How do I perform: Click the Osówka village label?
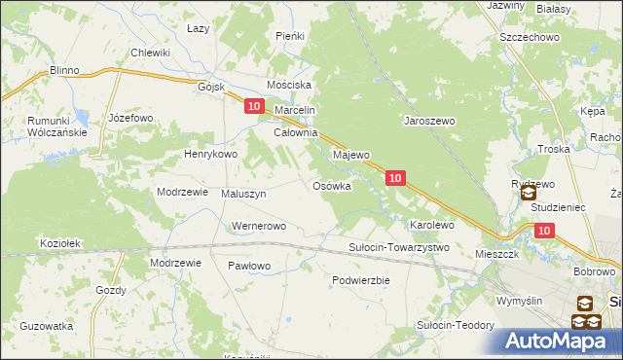pos(331,186)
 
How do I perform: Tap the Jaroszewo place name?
pos(429,122)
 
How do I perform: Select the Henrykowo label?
pos(211,154)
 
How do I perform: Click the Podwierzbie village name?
pos(360,279)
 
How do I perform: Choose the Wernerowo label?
pos(257,226)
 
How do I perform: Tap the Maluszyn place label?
pos(244,194)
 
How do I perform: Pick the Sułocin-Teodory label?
pos(452,325)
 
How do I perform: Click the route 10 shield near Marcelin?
pos(254,106)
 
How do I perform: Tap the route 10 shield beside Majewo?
pos(395,178)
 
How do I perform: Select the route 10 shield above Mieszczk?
pos(543,230)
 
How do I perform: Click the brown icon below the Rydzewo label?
pos(527,194)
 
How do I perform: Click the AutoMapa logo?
pos(559,341)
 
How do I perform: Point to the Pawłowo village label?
pos(249,265)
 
